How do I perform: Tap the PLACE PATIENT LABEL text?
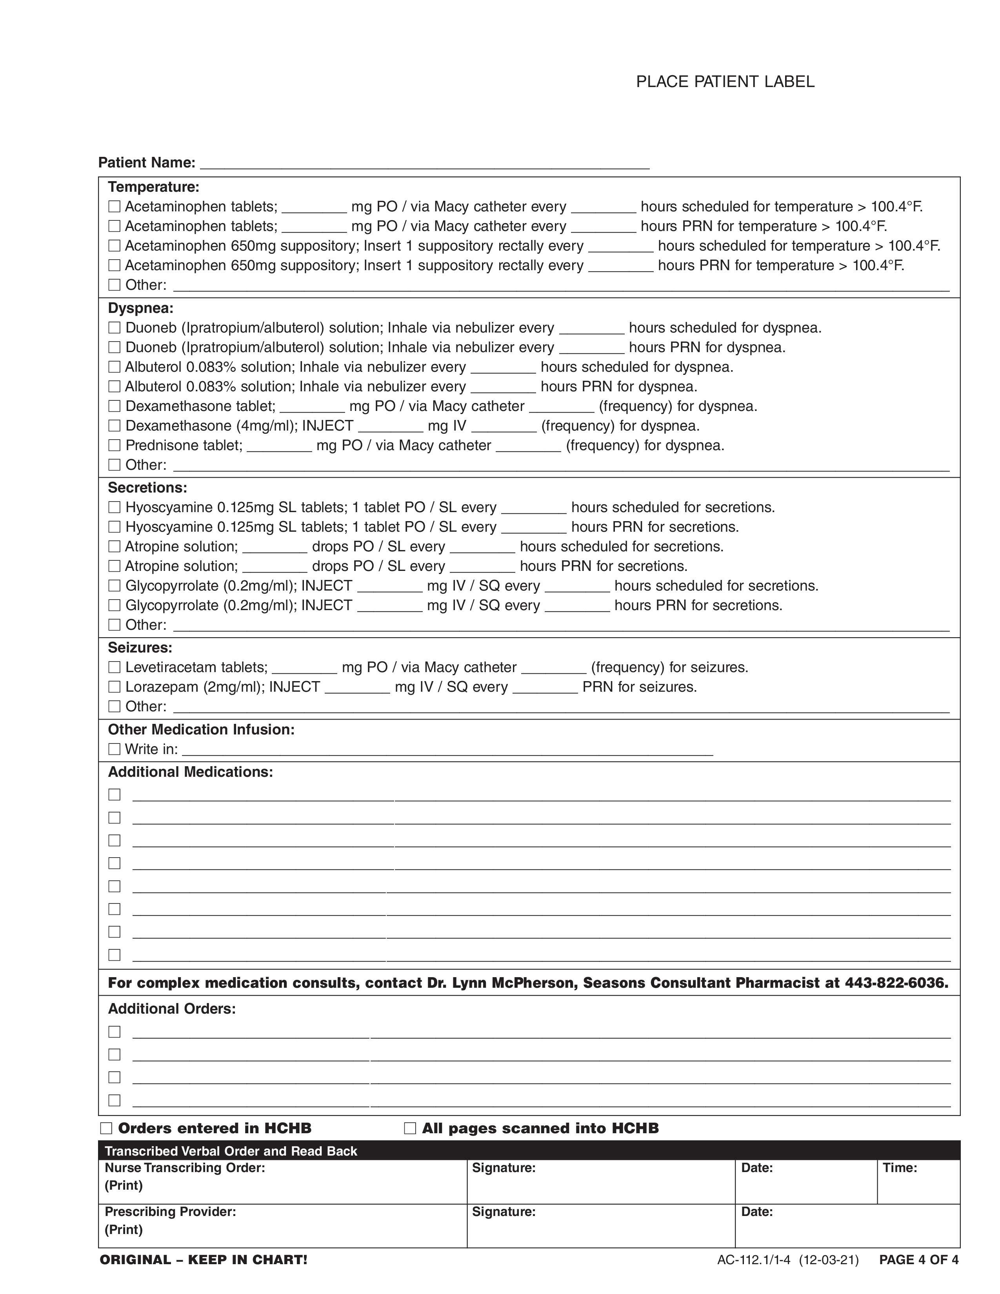click(725, 82)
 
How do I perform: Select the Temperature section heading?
click(153, 187)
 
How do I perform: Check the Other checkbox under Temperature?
click(115, 285)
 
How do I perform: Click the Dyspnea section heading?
click(140, 308)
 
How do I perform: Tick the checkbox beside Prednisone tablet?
click(115, 445)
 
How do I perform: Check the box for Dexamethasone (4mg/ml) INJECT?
click(115, 425)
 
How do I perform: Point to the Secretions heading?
click(147, 488)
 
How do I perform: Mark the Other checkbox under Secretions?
click(115, 625)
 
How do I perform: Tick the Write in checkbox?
click(115, 749)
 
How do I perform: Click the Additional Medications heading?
click(190, 772)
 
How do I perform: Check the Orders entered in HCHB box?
click(106, 1128)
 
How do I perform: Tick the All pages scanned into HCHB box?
click(410, 1128)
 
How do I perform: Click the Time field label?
click(899, 1168)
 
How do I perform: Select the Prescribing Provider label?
click(170, 1212)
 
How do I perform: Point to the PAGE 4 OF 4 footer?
click(918, 1259)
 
